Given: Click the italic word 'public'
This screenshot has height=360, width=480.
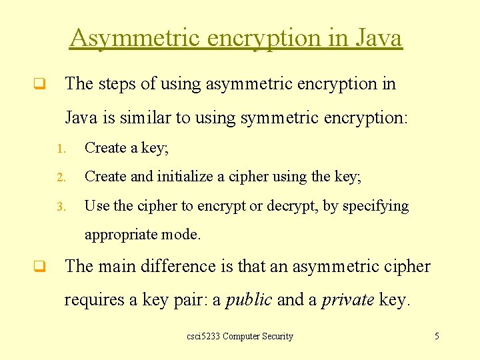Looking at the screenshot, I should pyautogui.click(x=249, y=300).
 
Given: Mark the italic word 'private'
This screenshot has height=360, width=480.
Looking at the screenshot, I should pyautogui.click(x=347, y=300).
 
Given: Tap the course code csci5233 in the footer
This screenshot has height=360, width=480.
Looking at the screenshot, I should pyautogui.click(x=203, y=336).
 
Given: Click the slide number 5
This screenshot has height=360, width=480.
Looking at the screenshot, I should pyautogui.click(x=437, y=336).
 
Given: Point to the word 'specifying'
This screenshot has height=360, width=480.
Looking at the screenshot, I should pyautogui.click(x=375, y=206).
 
